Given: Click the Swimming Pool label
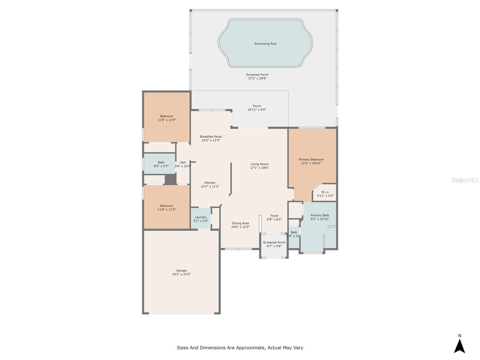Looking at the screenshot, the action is point(265,44).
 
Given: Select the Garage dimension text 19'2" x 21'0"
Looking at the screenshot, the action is point(181,274).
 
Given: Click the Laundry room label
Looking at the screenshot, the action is point(200,217).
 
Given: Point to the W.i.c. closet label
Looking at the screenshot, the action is point(325,192).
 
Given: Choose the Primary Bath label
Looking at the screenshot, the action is point(320,215).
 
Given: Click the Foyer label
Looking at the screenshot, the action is point(274,216).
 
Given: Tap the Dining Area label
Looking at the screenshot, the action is point(240,223).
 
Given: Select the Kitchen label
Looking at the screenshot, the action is point(210,183).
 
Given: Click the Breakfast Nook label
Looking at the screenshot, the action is point(211,136).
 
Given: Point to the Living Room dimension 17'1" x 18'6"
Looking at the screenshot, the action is point(259,168).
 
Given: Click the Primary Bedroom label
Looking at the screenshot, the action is point(311,160).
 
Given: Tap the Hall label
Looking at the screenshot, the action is point(183,162).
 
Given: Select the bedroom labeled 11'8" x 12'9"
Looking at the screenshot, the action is point(166,118).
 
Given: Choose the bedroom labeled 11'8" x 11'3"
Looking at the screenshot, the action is point(166,208).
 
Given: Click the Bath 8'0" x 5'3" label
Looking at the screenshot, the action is point(161,164).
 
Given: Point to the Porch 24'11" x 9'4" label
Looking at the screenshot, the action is point(257,108).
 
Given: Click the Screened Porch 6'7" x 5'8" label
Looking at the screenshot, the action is point(274,244).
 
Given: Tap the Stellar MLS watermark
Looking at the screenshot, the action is point(465,180).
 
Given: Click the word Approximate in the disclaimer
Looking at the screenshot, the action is point(251,347).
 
